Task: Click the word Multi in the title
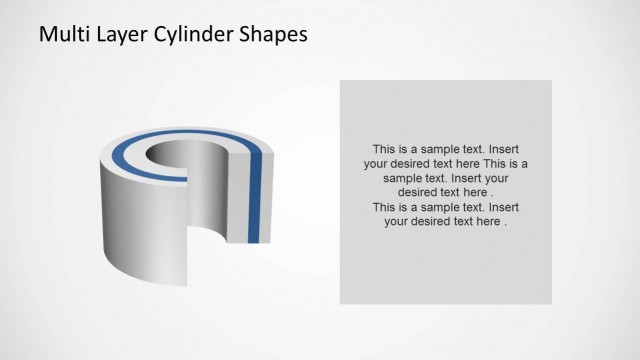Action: (61, 34)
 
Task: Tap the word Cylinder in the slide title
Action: (190, 34)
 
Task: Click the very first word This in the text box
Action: (385, 148)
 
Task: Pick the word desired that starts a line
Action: (420, 192)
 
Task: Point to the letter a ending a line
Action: (525, 163)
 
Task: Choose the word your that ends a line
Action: (509, 178)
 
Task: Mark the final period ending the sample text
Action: (506, 223)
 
